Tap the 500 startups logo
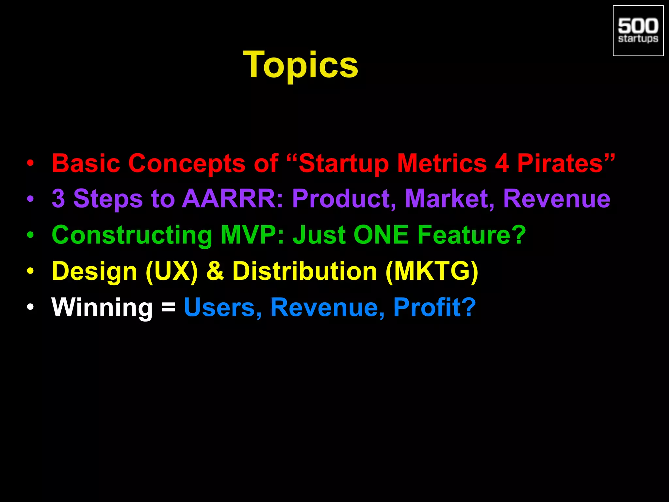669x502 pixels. [x=638, y=31]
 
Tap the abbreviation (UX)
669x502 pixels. [x=172, y=271]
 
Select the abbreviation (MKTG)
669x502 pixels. [x=432, y=271]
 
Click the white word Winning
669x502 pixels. [x=102, y=308]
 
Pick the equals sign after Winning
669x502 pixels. [x=168, y=308]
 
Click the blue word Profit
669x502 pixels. [x=429, y=308]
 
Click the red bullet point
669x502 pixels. [x=30, y=163]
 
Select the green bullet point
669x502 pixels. [x=30, y=235]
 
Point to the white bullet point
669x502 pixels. [x=30, y=307]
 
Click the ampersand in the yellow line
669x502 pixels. [x=215, y=271]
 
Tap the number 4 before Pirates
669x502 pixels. [x=502, y=163]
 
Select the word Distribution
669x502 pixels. [x=304, y=271]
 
